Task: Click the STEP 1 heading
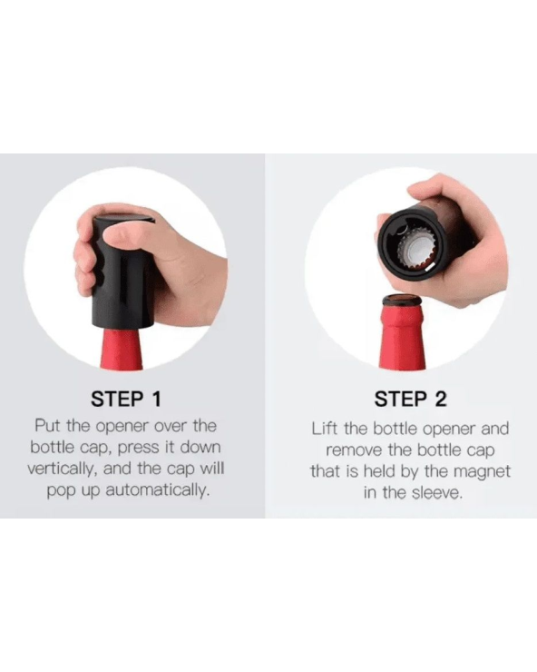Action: [x=126, y=399]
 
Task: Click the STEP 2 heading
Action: [x=410, y=399]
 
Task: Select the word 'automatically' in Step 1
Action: [x=158, y=490]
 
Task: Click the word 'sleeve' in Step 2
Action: [x=437, y=493]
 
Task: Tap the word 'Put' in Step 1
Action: [x=48, y=426]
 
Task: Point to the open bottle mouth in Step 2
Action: [x=401, y=300]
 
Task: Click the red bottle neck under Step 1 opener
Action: [x=122, y=349]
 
